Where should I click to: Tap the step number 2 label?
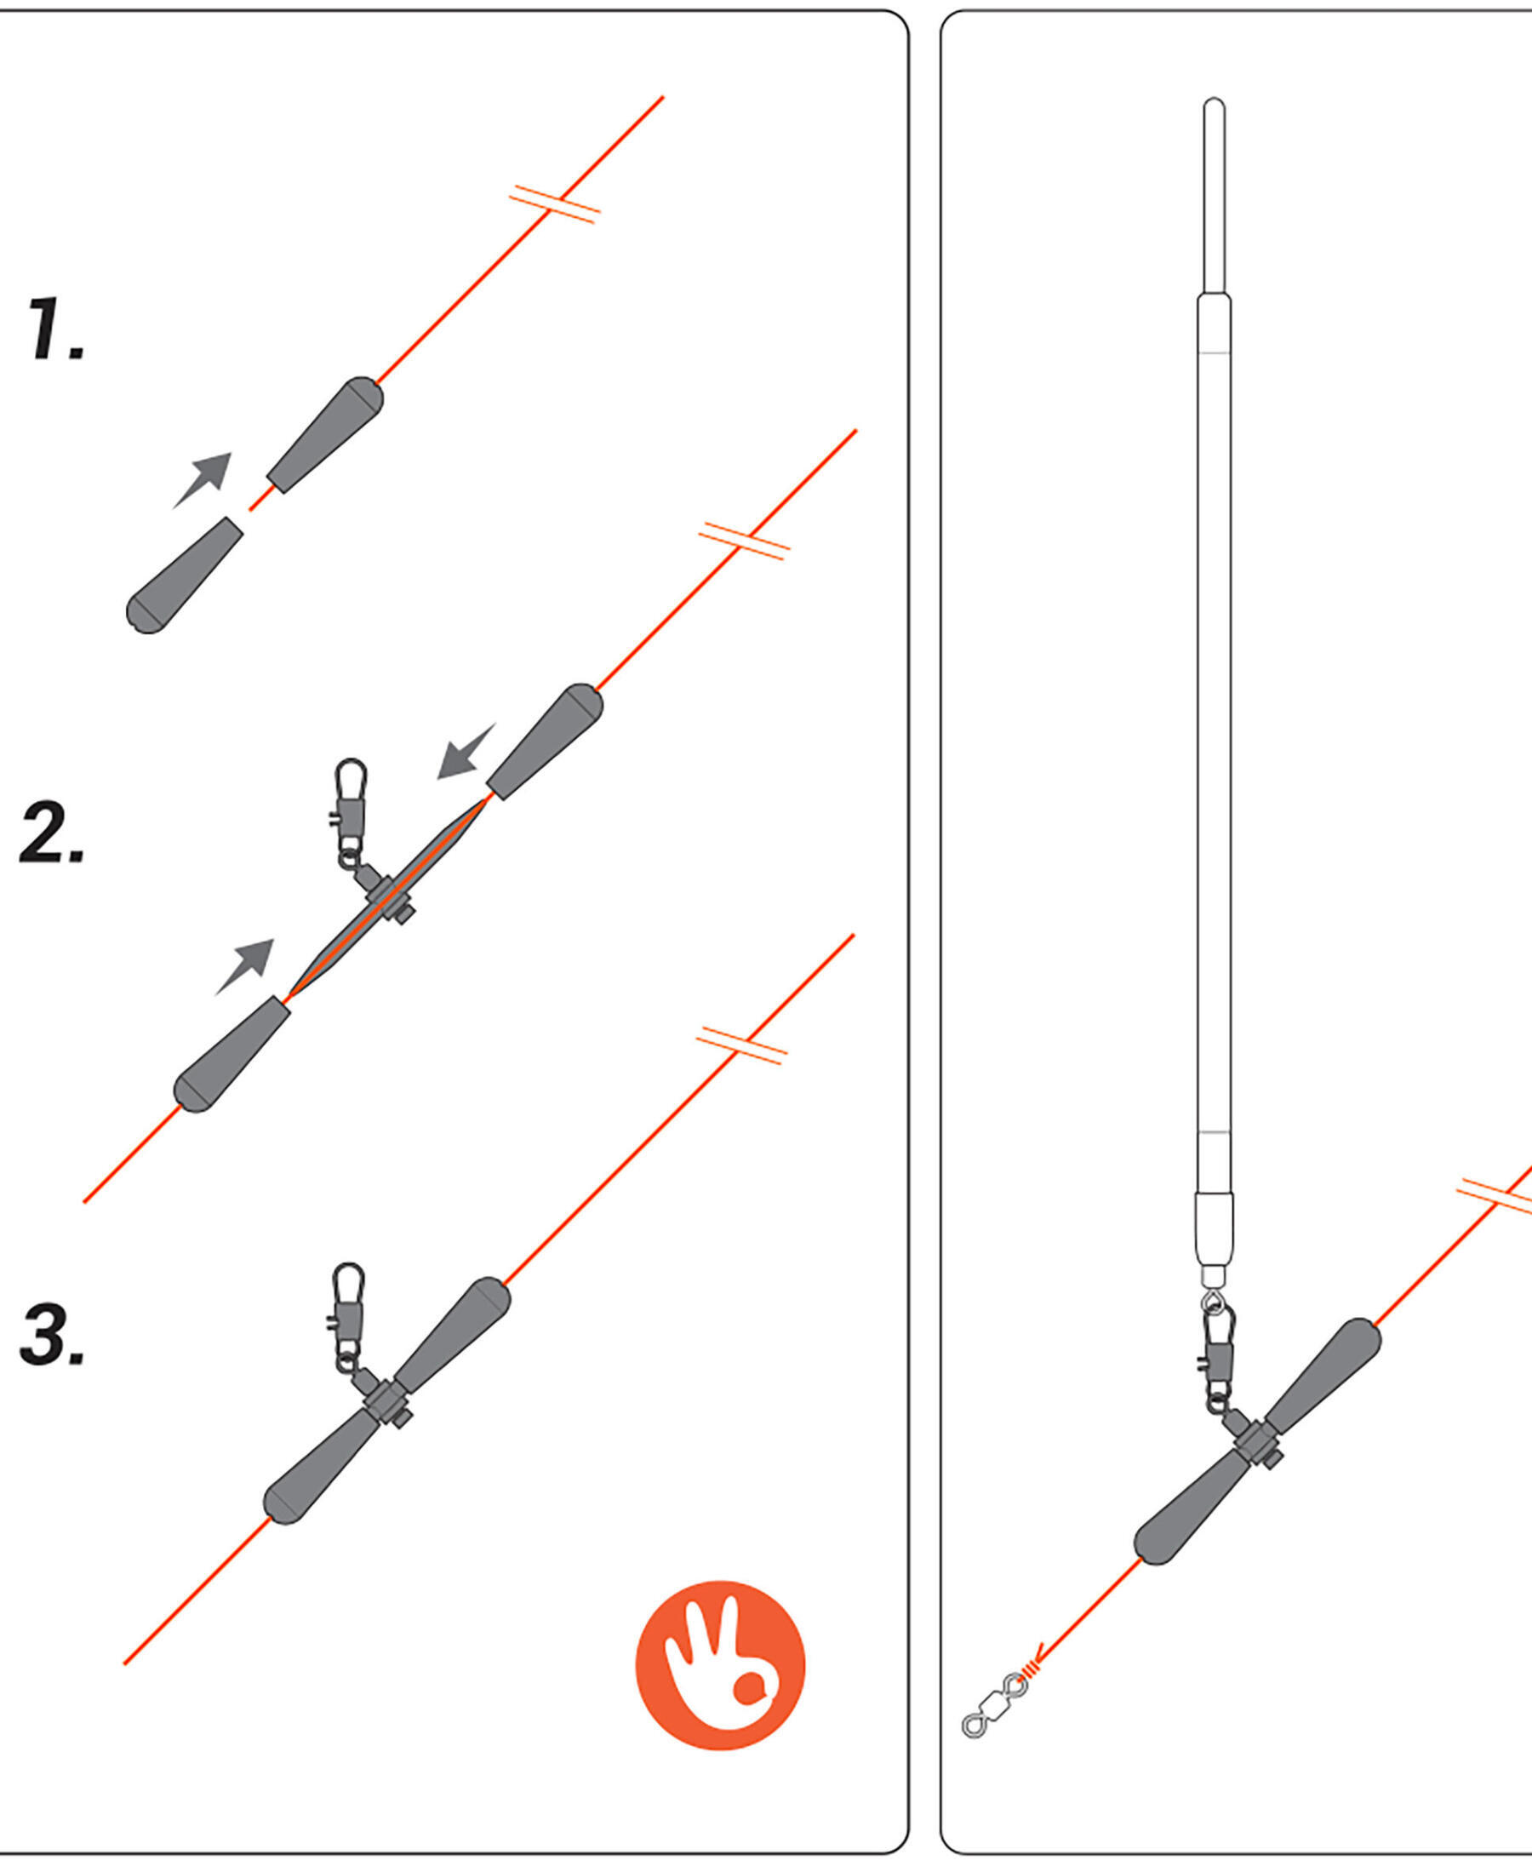(52, 832)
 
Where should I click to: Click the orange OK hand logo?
(720, 1664)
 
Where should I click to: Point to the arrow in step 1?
(202, 480)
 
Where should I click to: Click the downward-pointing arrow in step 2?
(467, 750)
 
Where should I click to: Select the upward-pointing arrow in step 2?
(245, 966)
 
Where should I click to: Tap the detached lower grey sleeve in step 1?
(184, 575)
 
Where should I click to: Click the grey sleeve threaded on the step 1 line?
(325, 434)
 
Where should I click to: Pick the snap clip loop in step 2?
(351, 778)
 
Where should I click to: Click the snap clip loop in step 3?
(350, 1283)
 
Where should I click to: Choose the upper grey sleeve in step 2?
(546, 741)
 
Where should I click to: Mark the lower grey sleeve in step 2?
(232, 1055)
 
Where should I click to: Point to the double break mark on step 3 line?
(741, 1046)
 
